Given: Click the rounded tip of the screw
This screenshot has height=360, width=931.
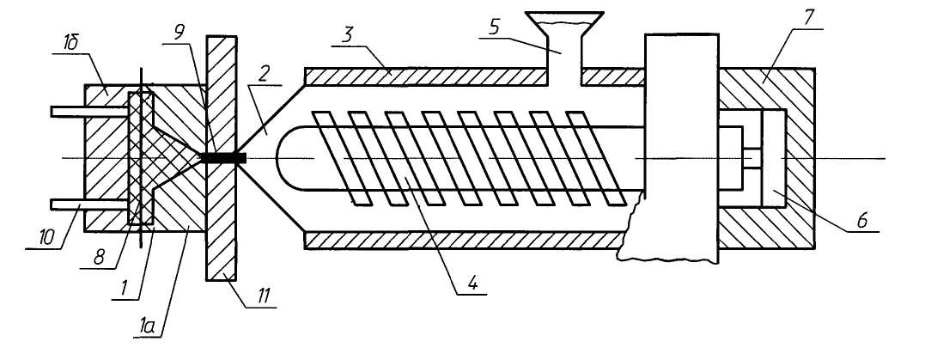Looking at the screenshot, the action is tap(287, 158).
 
